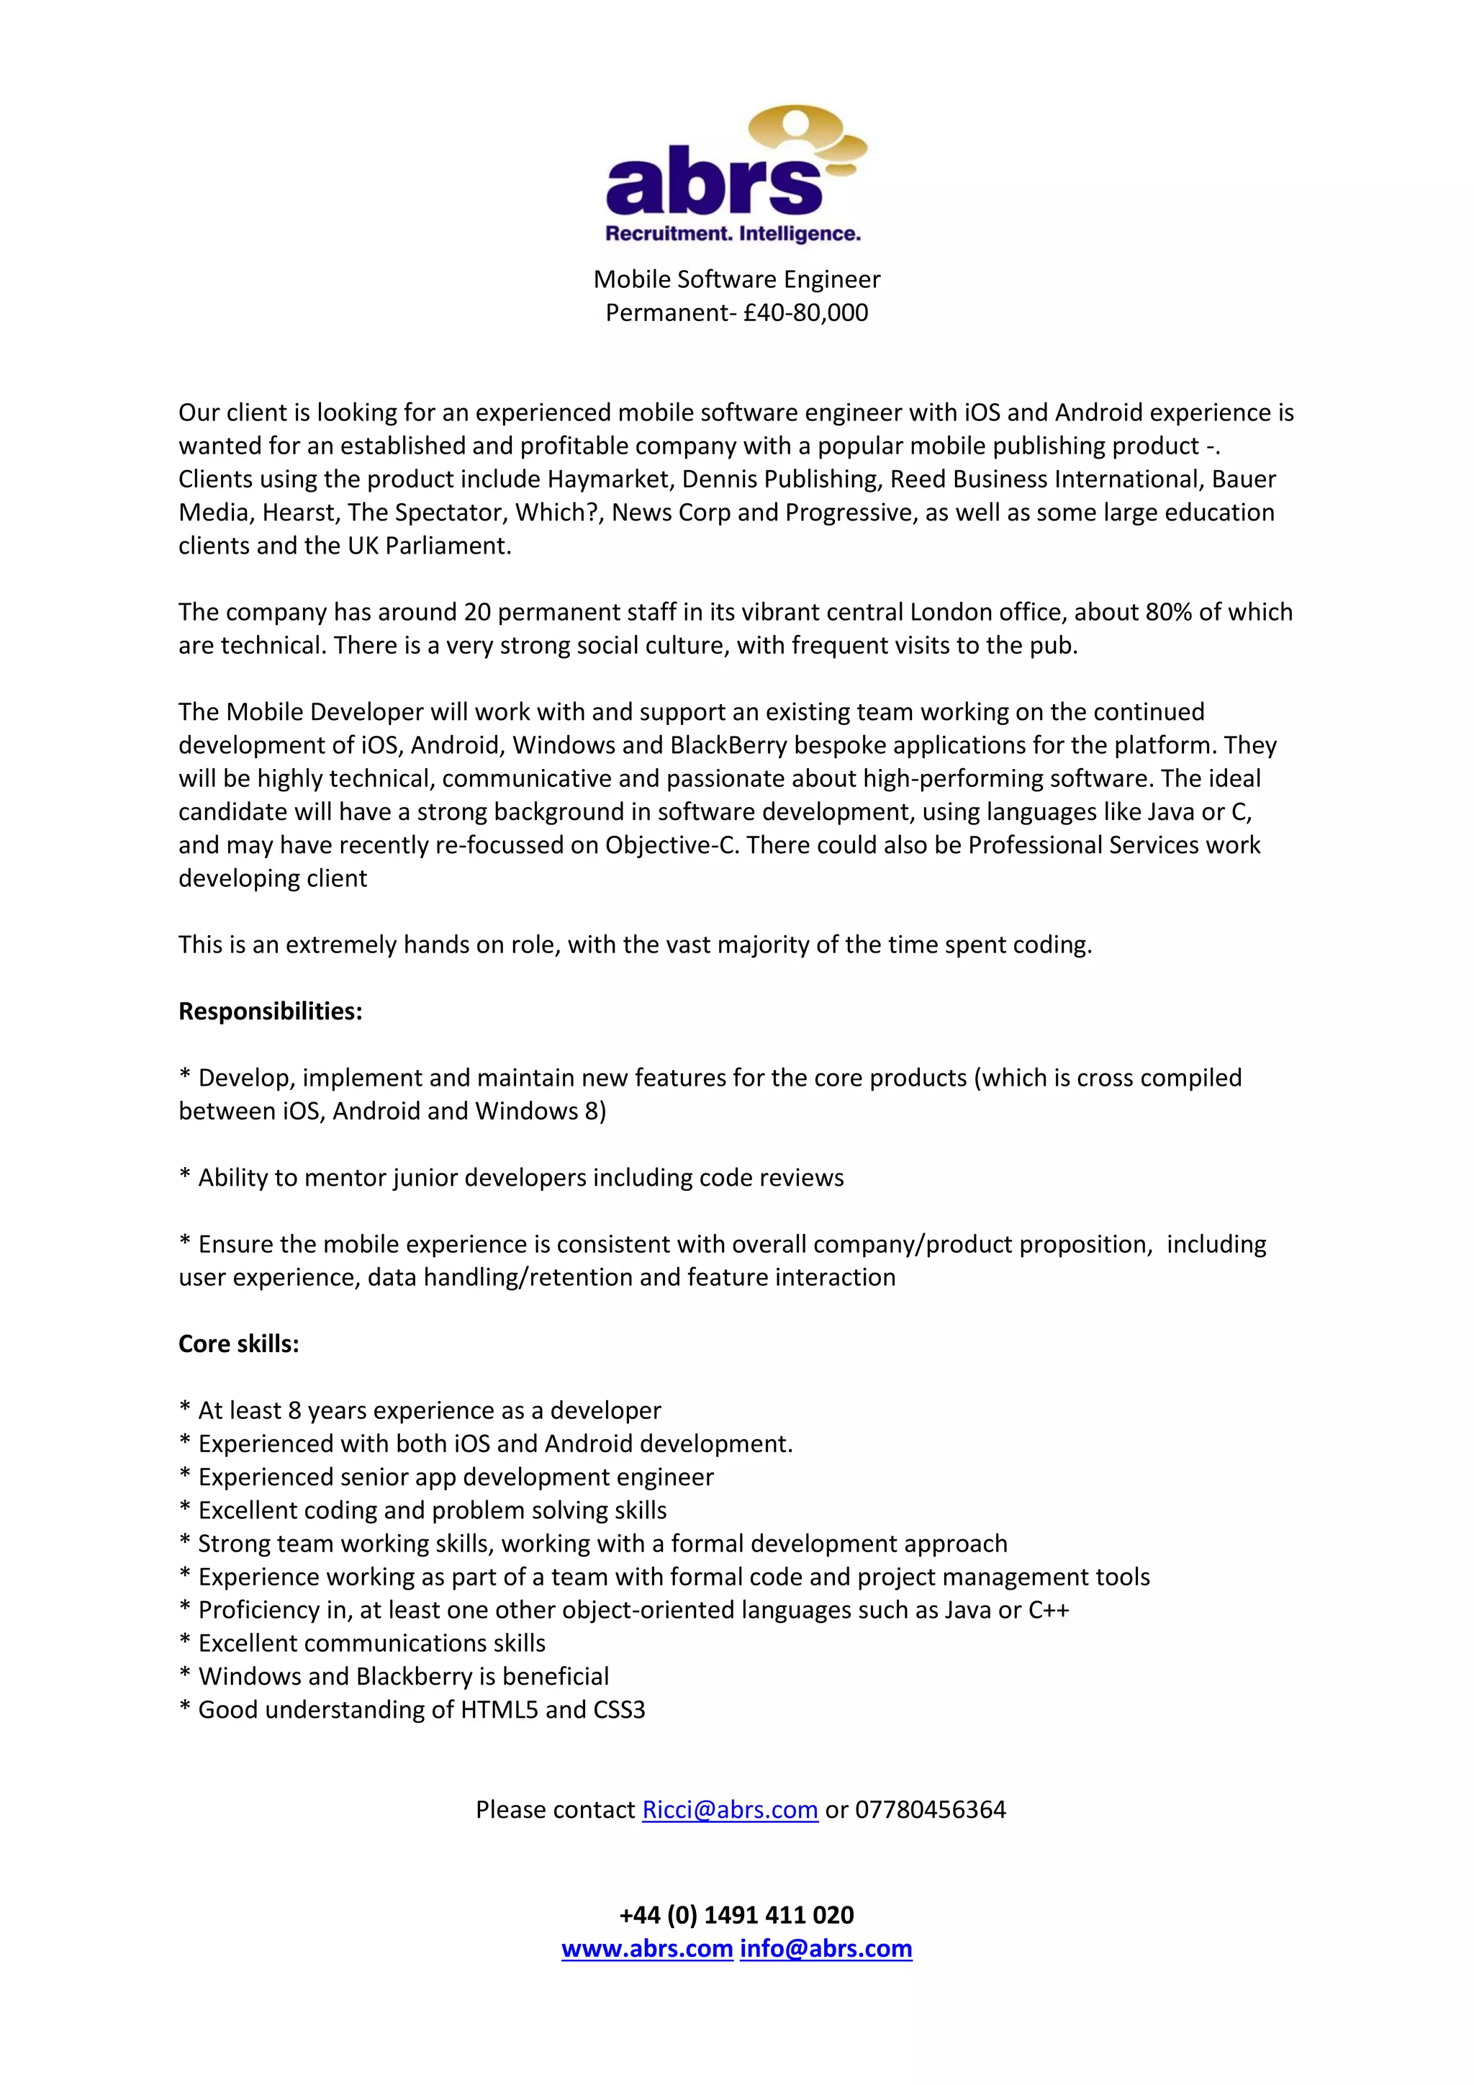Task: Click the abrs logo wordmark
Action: [x=713, y=184]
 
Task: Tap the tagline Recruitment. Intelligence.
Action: [x=733, y=234]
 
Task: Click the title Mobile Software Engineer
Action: [x=736, y=279]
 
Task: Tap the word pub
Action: [x=1057, y=646]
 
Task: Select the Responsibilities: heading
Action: [x=270, y=1012]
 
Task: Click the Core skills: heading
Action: [x=238, y=1344]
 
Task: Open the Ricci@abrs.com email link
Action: [x=730, y=1810]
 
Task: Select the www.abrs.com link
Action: [x=646, y=1949]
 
